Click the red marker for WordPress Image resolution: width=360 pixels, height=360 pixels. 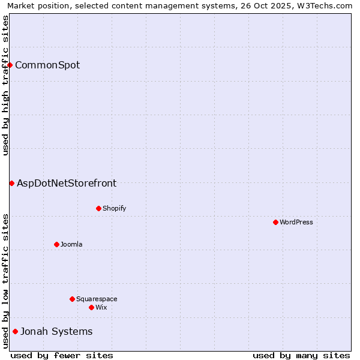coord(275,222)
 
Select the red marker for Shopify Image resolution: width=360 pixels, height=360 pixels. coord(98,208)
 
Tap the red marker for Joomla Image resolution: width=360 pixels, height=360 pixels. coord(56,244)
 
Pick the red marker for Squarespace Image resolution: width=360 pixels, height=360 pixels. coord(72,299)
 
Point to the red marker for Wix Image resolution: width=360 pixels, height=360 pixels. coord(91,307)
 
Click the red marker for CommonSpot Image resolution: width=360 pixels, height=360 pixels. coord(10,65)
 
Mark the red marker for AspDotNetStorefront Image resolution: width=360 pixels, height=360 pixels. coord(11,183)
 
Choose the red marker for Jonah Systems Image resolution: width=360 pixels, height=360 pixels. coord(15,331)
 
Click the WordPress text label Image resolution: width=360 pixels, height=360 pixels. coord(296,222)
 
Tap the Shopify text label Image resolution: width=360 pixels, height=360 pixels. coord(114,208)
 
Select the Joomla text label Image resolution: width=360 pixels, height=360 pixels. coord(71,244)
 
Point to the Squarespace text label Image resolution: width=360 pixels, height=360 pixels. coord(97,299)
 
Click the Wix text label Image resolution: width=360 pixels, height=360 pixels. coord(101,307)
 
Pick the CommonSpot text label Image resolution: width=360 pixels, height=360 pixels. coord(47,65)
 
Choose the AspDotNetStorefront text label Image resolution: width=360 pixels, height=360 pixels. coord(67,183)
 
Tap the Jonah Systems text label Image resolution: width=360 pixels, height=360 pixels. coord(56,331)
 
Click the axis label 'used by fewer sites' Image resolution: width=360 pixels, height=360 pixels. coord(62,355)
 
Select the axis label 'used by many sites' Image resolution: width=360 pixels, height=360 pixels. coord(301,355)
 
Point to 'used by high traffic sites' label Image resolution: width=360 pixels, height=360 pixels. coord(5,85)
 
